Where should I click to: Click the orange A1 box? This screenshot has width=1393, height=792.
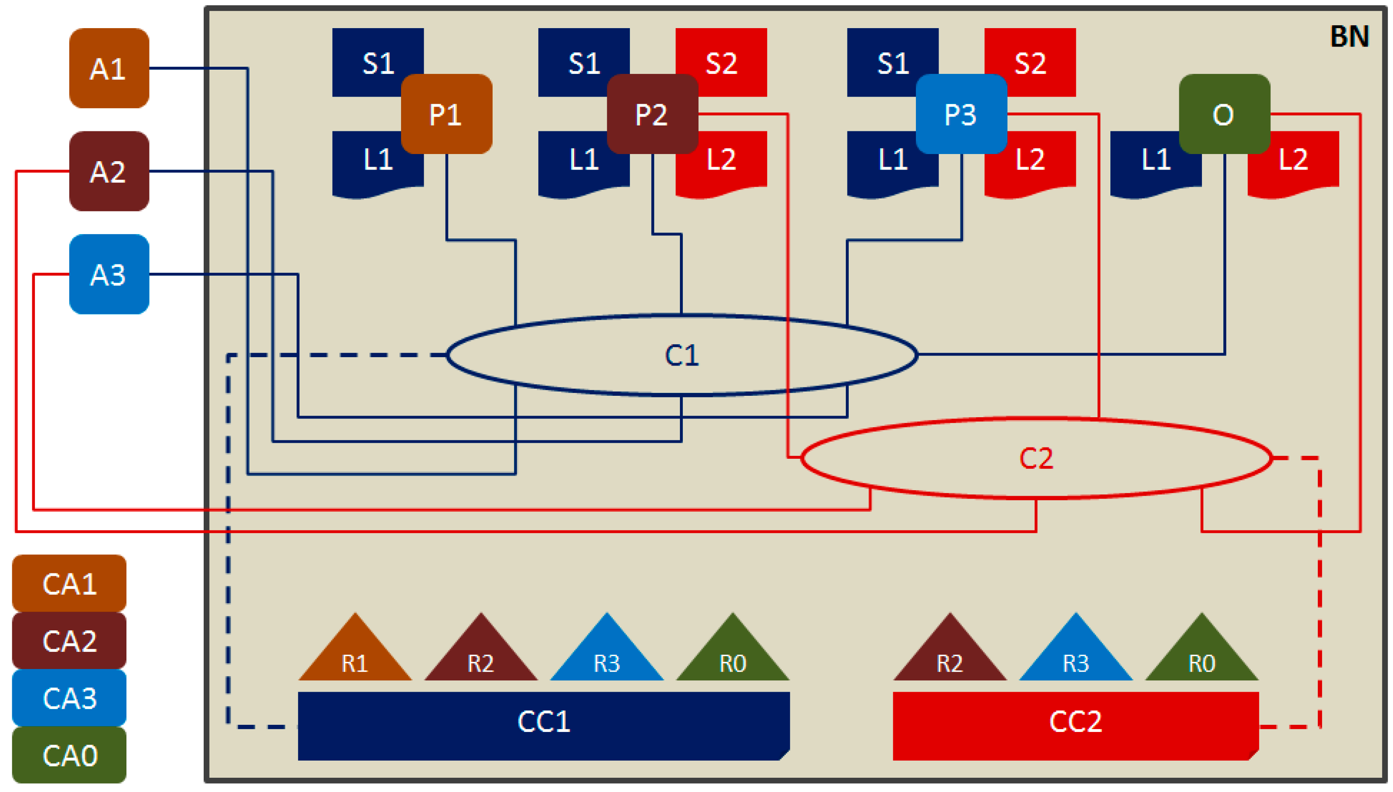click(x=109, y=68)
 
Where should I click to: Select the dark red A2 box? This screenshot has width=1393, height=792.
click(x=109, y=171)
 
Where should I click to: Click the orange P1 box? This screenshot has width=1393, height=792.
click(x=446, y=114)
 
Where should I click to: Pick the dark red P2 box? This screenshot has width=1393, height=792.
click(x=652, y=114)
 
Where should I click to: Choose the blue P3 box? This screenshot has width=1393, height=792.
click(x=961, y=114)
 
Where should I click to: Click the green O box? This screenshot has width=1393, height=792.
click(x=1224, y=114)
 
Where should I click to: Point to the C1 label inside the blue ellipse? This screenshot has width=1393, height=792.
click(x=682, y=355)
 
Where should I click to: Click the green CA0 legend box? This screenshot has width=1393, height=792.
click(x=69, y=755)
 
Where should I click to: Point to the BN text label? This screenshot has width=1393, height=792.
click(x=1349, y=37)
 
